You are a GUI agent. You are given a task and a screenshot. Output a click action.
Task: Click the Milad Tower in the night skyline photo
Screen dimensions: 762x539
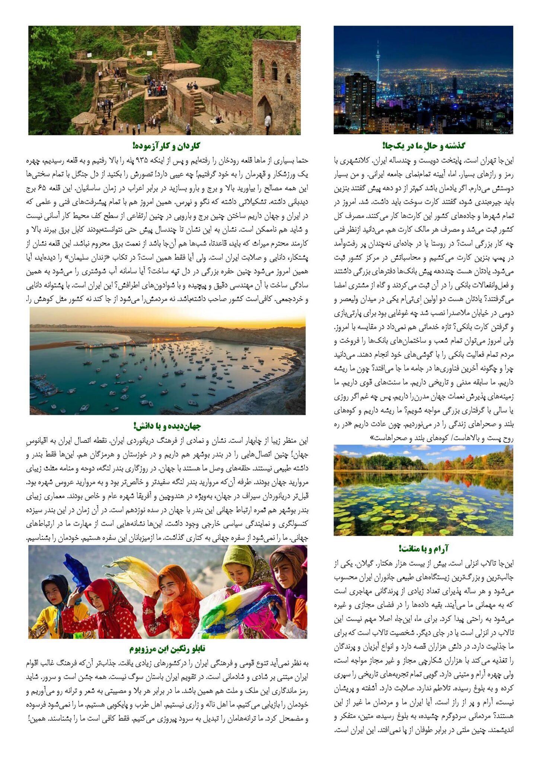[378, 63]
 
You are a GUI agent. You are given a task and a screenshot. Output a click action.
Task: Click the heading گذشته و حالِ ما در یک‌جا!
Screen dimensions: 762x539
[423, 145]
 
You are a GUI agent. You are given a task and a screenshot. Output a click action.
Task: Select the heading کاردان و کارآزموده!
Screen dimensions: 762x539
[166, 145]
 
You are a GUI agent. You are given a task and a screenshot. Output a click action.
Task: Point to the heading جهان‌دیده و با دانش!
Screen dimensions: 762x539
[167, 426]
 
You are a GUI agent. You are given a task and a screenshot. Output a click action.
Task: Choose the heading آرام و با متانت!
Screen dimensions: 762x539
[423, 548]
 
